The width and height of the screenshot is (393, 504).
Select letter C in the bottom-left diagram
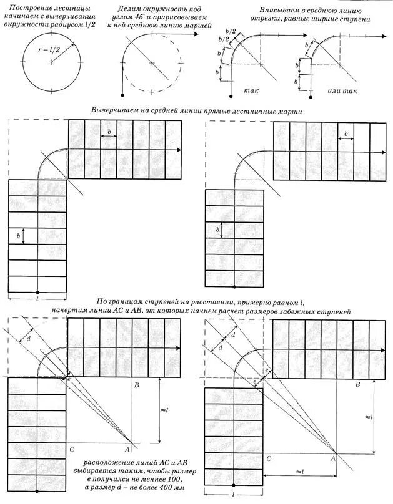(72, 449)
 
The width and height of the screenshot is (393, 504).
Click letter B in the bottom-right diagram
(358, 385)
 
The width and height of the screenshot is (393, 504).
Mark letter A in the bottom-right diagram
(332, 458)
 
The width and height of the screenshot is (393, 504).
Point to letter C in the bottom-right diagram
(269, 458)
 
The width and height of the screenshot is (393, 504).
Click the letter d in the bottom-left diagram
(28, 339)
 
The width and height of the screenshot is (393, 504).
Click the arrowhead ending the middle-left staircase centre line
(179, 151)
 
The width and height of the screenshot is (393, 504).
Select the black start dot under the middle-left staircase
(38, 292)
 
